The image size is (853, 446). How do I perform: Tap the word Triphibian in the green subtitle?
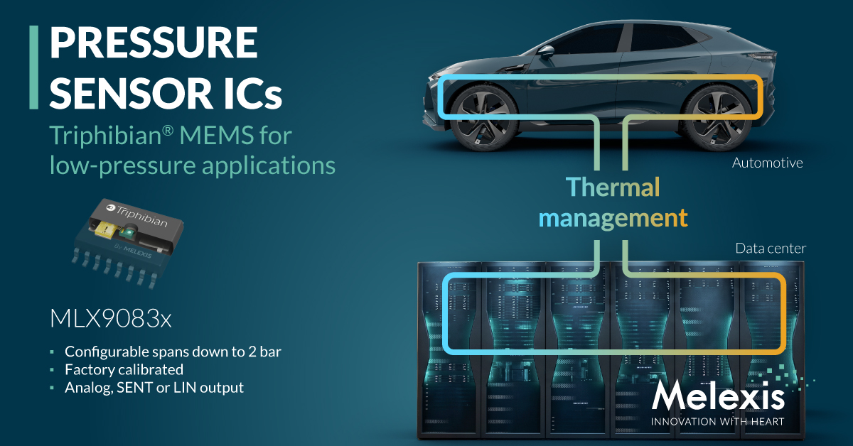[106, 135]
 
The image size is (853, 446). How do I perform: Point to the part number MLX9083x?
[111, 318]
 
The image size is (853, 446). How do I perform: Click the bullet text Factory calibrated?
[124, 369]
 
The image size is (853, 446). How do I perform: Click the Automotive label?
[767, 163]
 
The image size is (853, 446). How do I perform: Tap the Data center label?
[771, 249]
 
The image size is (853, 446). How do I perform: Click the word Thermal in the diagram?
[613, 187]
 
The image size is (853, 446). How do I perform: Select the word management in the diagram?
[613, 219]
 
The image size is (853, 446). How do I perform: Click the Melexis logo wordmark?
[718, 396]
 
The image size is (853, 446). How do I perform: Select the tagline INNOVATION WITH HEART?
[717, 422]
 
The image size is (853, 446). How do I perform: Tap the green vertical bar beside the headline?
[34, 67]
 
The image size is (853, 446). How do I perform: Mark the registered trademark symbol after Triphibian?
[168, 131]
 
